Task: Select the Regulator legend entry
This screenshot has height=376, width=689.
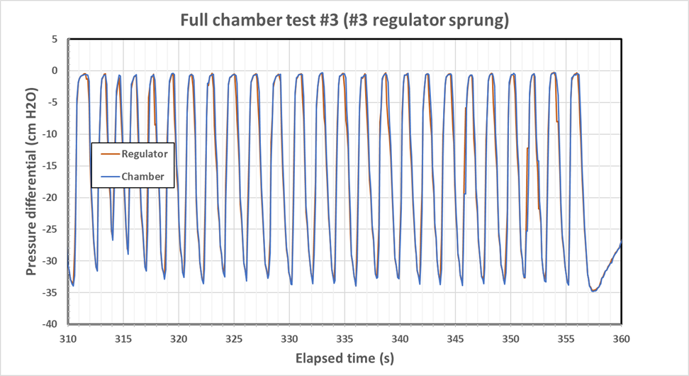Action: tap(144, 153)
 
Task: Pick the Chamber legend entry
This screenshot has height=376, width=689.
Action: tap(142, 176)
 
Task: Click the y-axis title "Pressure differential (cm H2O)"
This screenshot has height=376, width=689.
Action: tap(32, 182)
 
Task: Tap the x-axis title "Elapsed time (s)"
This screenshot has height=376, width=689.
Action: tap(344, 359)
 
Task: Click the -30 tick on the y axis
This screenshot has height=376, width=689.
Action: tap(52, 260)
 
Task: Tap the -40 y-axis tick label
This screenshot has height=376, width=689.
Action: tap(52, 324)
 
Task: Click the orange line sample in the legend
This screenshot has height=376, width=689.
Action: tap(108, 153)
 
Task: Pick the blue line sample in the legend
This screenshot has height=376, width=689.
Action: tap(108, 176)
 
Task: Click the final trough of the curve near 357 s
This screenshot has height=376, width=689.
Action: tap(594, 290)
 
